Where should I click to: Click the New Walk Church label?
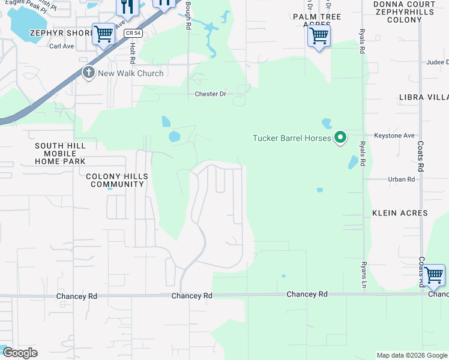pos(131,73)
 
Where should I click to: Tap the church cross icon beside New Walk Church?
pos(89,73)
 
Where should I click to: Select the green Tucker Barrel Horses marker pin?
pos(340,139)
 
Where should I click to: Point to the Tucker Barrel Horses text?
pos(292,139)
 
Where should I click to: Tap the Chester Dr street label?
pos(210,94)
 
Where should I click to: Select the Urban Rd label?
pos(402,179)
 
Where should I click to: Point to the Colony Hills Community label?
pos(115,180)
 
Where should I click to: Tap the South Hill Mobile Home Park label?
pos(60,154)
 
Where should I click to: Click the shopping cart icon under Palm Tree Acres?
pos(319,36)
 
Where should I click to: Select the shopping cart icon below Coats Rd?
pos(433,275)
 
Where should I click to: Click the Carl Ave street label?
pos(61,46)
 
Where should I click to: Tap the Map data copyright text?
pos(411,355)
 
